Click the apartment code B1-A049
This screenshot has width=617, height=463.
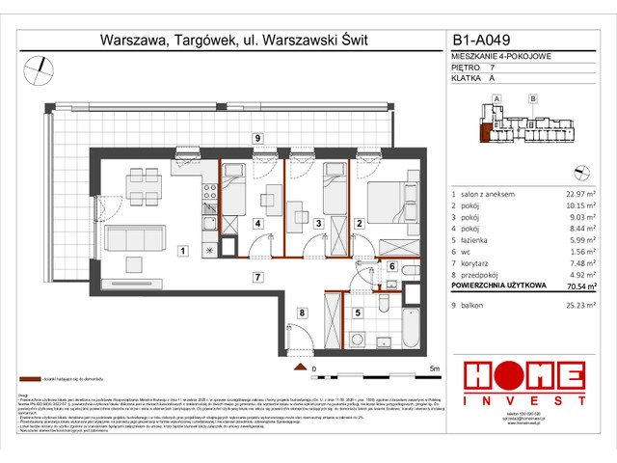485,41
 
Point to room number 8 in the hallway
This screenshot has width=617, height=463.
302,312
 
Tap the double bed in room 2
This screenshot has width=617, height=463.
389,205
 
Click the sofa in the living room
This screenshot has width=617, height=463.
132,237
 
